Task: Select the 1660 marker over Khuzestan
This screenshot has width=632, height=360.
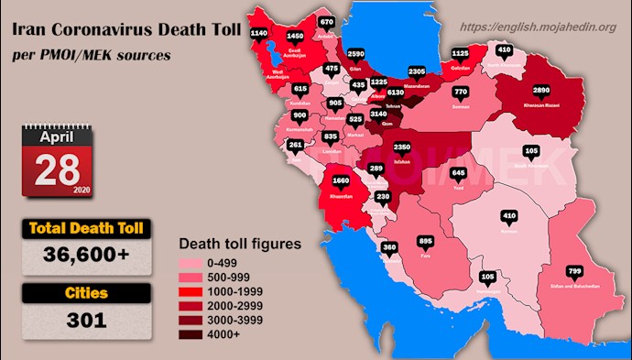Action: pyautogui.click(x=341, y=181)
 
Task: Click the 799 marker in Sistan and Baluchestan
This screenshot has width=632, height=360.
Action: pyautogui.click(x=574, y=271)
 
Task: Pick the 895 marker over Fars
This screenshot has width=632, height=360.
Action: pyautogui.click(x=424, y=242)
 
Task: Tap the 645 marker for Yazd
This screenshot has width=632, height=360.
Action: pyautogui.click(x=458, y=173)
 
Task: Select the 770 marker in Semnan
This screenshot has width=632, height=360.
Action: pyautogui.click(x=461, y=93)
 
